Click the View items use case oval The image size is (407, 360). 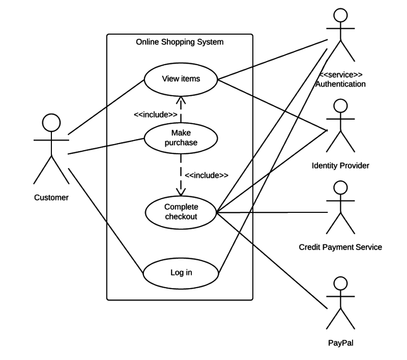tap(181, 79)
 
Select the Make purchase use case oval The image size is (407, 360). tap(181, 138)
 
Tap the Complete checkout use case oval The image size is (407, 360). tap(181, 212)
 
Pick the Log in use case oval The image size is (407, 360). tap(181, 272)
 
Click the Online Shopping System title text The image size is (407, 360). tap(179, 42)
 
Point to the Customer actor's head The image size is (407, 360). tap(51, 123)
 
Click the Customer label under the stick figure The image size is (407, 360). tap(51, 198)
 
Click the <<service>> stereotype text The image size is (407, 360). tap(340, 75)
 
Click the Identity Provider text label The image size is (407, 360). tap(340, 166)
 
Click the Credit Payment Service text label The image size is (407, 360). tap(340, 247)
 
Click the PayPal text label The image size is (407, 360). tap(340, 343)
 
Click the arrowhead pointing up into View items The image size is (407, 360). tap(181, 99)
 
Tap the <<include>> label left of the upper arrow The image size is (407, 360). tap(155, 115)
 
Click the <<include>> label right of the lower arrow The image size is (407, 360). tap(206, 175)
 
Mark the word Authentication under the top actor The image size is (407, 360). tap(340, 84)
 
